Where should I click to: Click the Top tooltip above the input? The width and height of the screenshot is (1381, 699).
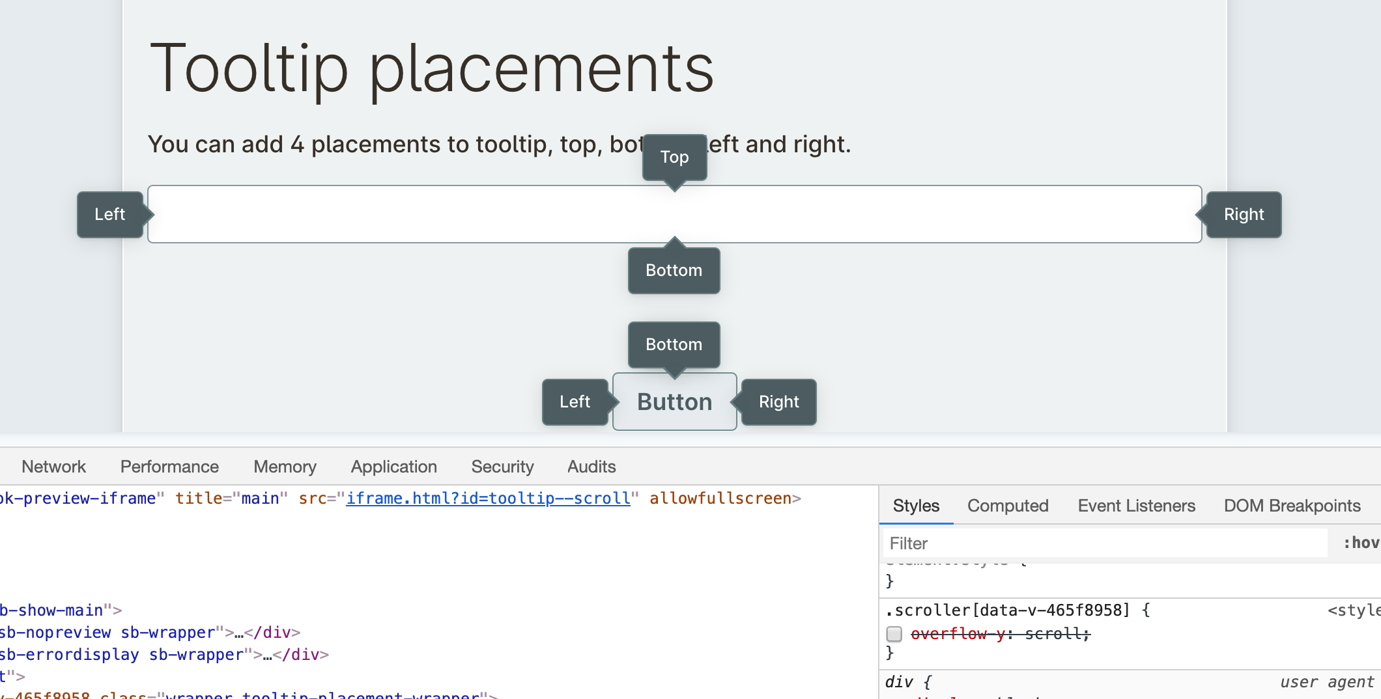674,157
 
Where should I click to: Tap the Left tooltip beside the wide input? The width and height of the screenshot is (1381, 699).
109,214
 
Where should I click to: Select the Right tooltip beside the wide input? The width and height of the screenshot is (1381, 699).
1244,214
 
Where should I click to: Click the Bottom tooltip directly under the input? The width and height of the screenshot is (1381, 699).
674,270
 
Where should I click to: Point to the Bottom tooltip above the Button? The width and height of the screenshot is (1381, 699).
674,344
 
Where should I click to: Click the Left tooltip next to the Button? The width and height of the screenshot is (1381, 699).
575,402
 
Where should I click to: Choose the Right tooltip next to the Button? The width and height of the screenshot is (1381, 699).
778,402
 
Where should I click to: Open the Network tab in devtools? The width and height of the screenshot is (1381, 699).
53,467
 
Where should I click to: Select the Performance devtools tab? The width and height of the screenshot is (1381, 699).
169,467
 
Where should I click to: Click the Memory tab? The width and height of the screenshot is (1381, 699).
285,467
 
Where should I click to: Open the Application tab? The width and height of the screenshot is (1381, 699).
393,467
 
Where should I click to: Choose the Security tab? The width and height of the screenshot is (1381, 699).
502,467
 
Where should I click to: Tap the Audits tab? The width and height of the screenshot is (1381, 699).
591,467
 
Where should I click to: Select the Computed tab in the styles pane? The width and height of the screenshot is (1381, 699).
1008,506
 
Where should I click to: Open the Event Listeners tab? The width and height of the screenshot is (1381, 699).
1136,506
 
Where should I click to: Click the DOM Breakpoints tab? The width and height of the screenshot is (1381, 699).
1292,506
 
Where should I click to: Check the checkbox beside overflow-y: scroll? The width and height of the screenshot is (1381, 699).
894,634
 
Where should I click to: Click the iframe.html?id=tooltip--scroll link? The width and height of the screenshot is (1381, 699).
488,499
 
